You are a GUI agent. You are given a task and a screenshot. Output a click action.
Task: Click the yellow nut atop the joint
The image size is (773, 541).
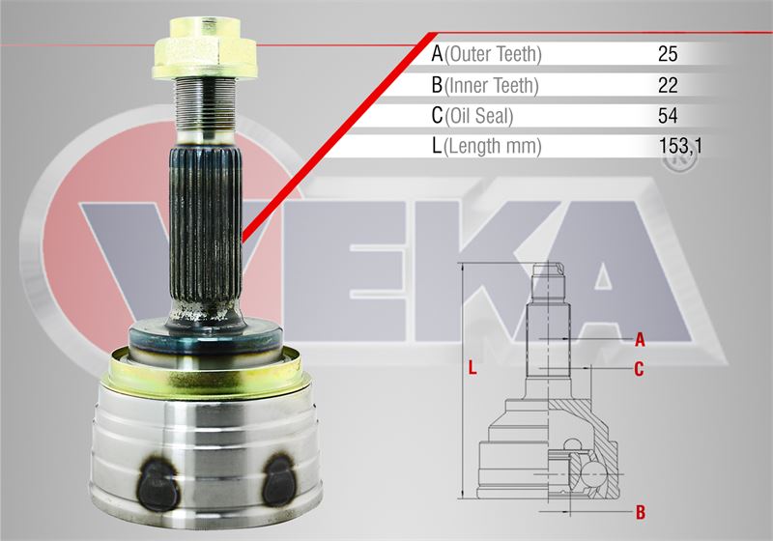[x=205, y=48]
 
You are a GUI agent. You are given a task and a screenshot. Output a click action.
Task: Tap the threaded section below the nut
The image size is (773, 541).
[x=204, y=105]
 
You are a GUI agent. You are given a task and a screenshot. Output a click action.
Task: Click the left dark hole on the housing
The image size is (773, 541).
[x=157, y=484]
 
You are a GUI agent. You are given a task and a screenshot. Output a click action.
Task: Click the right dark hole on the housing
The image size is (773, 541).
[x=278, y=480]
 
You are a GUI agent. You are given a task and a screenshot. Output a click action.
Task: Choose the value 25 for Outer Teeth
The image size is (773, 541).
[x=668, y=54]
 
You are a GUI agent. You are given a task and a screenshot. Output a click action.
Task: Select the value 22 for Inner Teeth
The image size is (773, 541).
[x=668, y=85]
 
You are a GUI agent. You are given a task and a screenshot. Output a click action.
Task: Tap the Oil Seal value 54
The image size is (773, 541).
[x=668, y=116]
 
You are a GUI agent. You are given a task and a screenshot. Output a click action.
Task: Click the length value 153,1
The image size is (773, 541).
[x=680, y=146]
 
